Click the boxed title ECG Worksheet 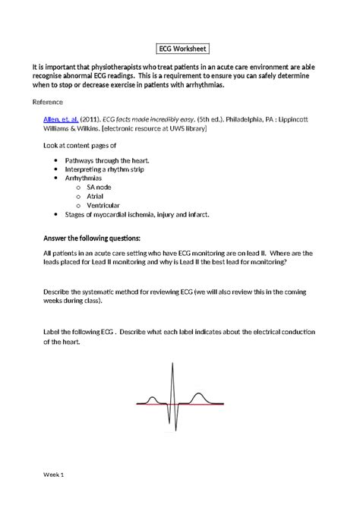click(x=180, y=48)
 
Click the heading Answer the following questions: click(x=91, y=238)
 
